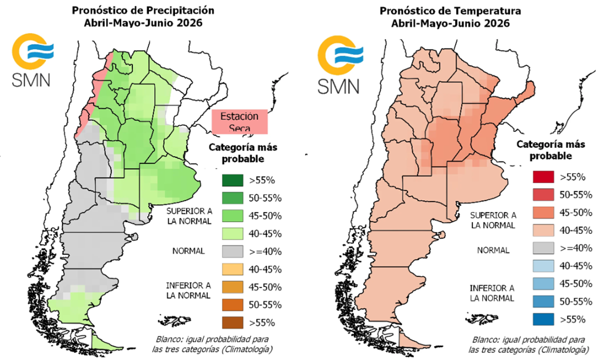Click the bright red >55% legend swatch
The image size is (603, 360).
pos(541,177)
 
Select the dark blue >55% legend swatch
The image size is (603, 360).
pos(541,319)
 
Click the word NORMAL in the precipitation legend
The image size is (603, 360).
pos(188,251)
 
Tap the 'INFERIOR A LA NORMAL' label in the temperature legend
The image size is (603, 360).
pos(493,293)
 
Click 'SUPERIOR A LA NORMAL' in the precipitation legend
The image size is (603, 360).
pos(188,216)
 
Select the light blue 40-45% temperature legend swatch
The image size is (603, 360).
pos(541,266)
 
